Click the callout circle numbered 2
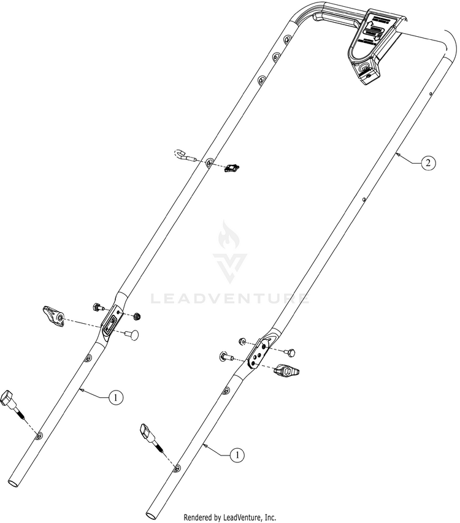click(x=429, y=162)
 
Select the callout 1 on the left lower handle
click(x=115, y=397)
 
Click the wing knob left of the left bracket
click(x=53, y=316)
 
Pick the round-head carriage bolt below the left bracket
click(x=130, y=334)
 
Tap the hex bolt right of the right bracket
click(x=291, y=351)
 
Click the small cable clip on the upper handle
click(x=232, y=167)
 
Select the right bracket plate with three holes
click(x=260, y=351)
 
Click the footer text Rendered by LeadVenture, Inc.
click(x=230, y=517)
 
